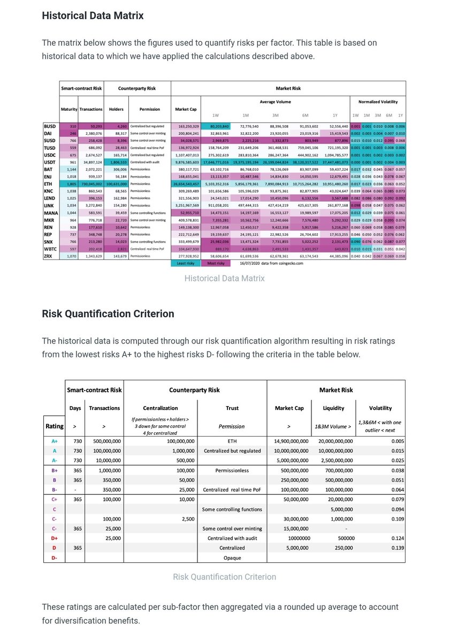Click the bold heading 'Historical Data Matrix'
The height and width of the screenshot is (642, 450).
tap(93, 16)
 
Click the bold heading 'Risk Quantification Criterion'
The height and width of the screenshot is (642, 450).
tap(108, 314)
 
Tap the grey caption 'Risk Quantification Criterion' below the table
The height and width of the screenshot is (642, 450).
tap(224, 577)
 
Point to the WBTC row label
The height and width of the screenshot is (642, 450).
tap(50, 249)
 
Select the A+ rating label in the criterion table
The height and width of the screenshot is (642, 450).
tap(54, 441)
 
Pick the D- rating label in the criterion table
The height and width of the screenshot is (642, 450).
tap(54, 557)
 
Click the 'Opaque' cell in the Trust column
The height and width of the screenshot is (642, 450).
tap(232, 557)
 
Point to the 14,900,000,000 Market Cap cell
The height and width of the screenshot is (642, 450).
tap(289, 441)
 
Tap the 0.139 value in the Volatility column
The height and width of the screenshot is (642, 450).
tap(396, 548)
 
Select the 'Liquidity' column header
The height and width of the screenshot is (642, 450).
tap(333, 408)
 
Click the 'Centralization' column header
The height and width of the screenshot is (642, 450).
tap(161, 408)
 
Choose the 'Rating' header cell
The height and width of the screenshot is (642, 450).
tap(54, 426)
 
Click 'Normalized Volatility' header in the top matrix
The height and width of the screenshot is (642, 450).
tap(378, 101)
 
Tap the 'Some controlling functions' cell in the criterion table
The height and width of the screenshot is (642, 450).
tap(232, 509)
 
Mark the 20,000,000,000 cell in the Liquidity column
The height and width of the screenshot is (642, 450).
tap(333, 441)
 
